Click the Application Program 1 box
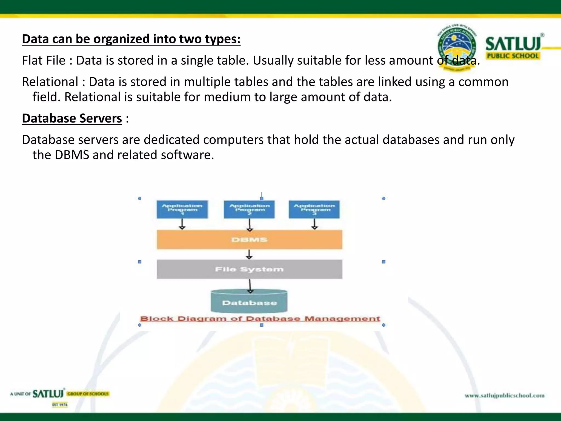pyautogui.click(x=182, y=209)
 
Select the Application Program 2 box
pyautogui.click(x=249, y=209)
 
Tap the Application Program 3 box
pyautogui.click(x=314, y=209)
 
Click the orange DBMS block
pyautogui.click(x=249, y=240)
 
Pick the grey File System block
pyautogui.click(x=249, y=269)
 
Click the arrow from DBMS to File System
pyautogui.click(x=249, y=254)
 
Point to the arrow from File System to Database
pyautogui.click(x=250, y=286)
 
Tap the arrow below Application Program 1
pyautogui.click(x=182, y=224)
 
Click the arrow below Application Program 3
pyautogui.click(x=314, y=224)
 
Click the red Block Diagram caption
pyautogui.click(x=260, y=319)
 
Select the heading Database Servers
pyautogui.click(x=72, y=118)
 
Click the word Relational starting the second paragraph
pyautogui.click(x=50, y=82)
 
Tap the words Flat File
pyautogui.click(x=44, y=61)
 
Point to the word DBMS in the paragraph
pyautogui.click(x=72, y=155)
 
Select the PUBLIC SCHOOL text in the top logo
pyautogui.click(x=513, y=56)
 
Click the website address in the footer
pyautogui.click(x=505, y=396)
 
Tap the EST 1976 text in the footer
pyautogui.click(x=60, y=405)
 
